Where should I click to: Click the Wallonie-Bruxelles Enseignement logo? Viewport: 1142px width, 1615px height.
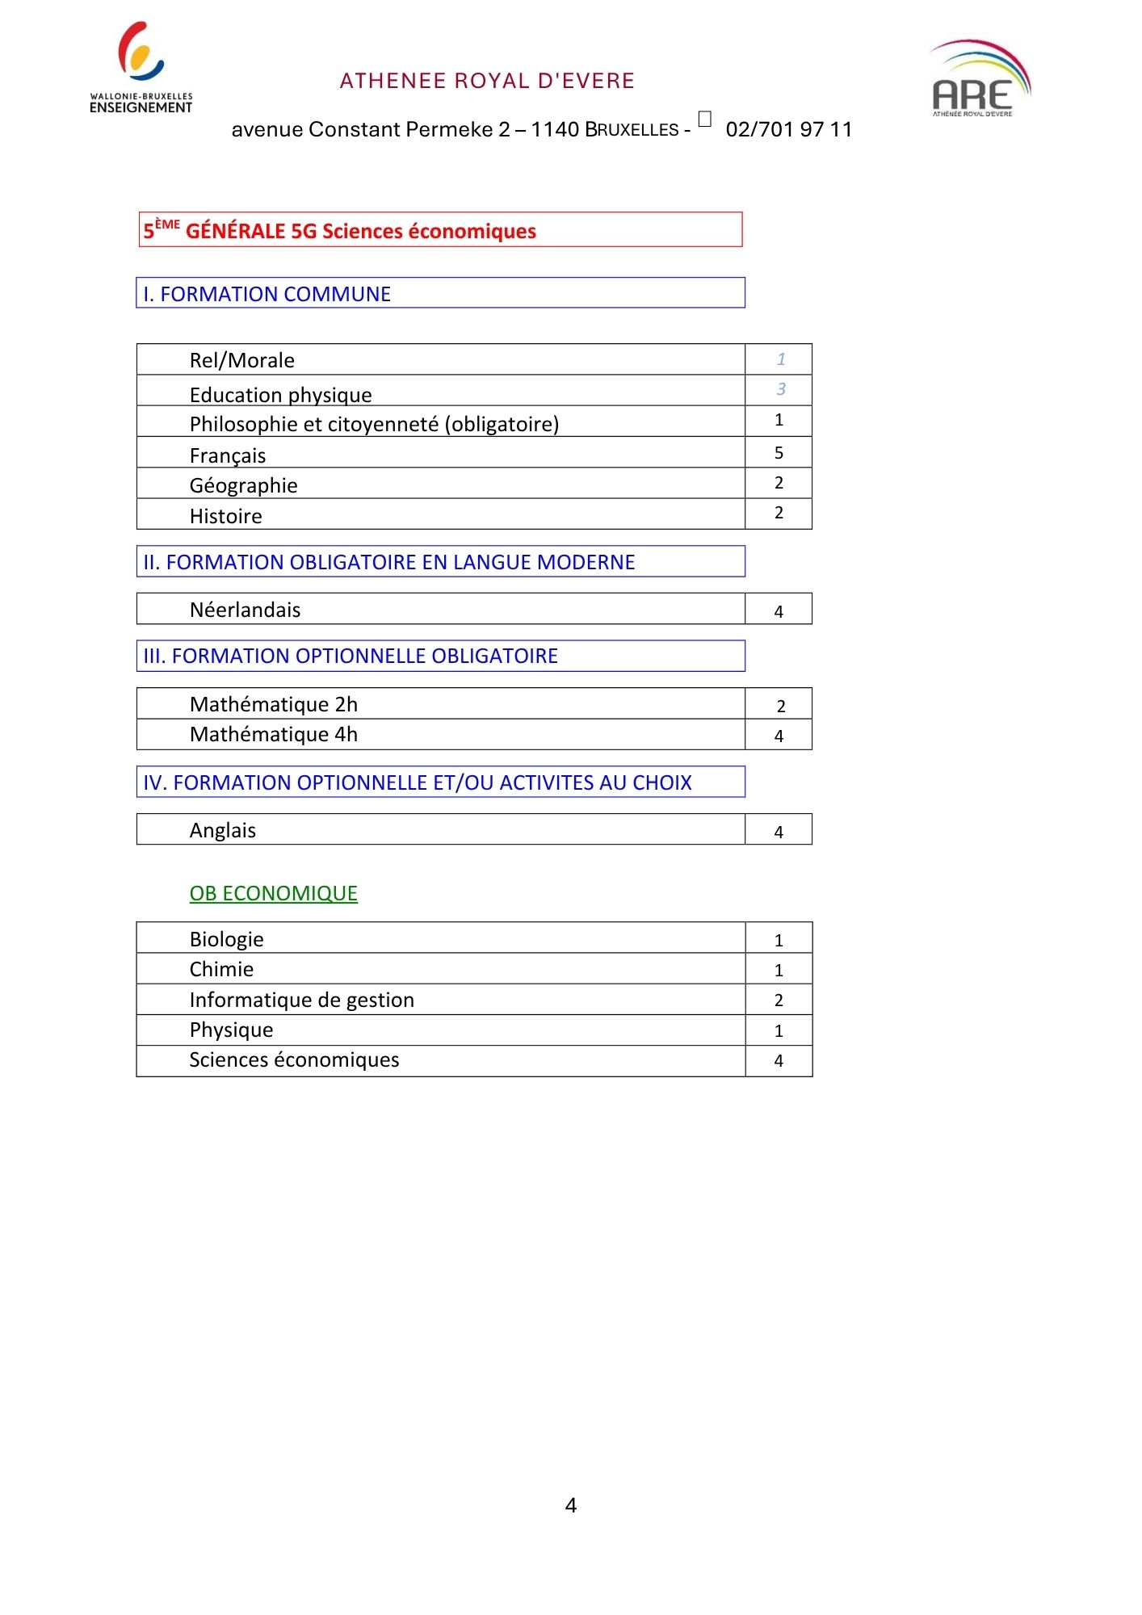[141, 68]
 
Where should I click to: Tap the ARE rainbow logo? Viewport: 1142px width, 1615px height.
[980, 78]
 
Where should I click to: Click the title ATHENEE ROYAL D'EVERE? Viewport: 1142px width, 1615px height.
[487, 81]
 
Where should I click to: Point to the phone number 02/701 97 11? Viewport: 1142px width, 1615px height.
[788, 129]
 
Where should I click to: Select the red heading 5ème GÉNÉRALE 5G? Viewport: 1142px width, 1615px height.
[339, 231]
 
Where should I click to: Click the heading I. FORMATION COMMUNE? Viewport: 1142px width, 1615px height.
[267, 294]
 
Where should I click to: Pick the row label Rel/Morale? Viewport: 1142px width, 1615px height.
[242, 360]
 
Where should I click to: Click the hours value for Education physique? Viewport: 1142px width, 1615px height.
[780, 389]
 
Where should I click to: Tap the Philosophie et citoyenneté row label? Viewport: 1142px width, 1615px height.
[374, 424]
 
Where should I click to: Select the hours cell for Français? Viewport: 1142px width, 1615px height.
[779, 453]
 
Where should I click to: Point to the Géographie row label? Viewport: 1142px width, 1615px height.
[244, 485]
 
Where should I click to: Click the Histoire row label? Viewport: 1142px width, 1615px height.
[226, 516]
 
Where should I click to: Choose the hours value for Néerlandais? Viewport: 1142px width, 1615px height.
[779, 611]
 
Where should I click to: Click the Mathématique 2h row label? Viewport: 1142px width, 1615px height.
[274, 704]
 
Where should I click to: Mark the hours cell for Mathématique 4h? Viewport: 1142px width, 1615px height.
[779, 736]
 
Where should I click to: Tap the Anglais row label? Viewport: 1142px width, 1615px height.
[223, 830]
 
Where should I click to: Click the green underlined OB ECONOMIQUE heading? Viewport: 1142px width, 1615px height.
[274, 893]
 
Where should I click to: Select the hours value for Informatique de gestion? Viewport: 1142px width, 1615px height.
[779, 1000]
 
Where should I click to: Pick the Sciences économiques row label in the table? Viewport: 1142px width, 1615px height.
[294, 1059]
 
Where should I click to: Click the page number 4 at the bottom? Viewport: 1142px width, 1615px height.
[571, 1505]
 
